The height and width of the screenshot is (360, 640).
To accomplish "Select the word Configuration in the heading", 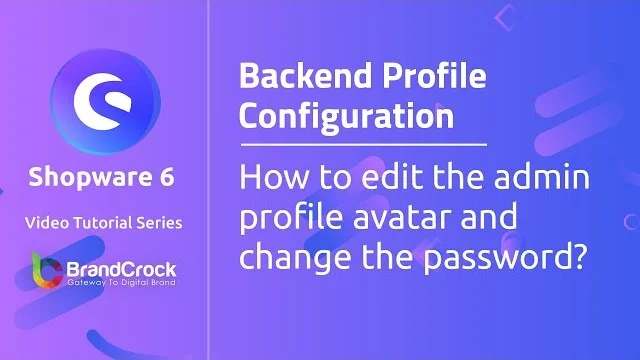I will pyautogui.click(x=346, y=115).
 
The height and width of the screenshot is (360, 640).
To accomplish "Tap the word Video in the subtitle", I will pyautogui.click(x=49, y=223).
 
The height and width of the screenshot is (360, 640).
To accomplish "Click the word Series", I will pyautogui.click(x=160, y=223).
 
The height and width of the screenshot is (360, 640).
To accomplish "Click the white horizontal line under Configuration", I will pyautogui.click(x=363, y=145).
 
